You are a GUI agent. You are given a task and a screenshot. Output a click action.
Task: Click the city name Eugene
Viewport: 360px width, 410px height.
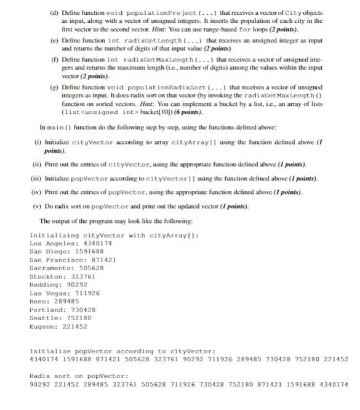point(42,327)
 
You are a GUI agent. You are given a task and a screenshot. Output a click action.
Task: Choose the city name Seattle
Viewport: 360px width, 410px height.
point(44,318)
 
